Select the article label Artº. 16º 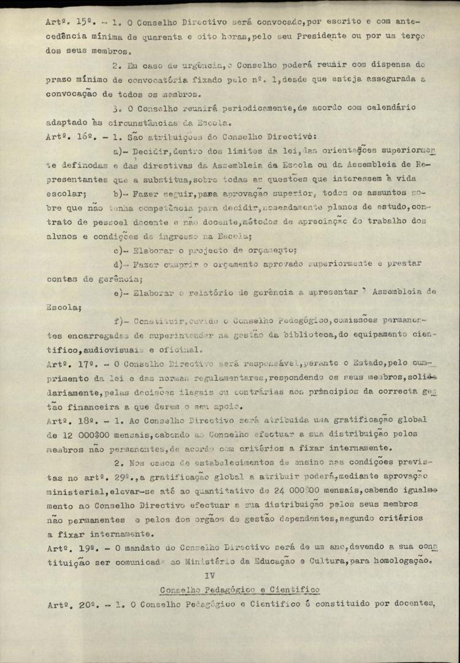click(67, 136)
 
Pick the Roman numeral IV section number click(210, 575)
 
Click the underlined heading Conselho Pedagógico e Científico click(239, 591)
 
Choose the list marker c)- click(120, 250)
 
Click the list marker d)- click(120, 265)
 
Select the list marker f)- click(120, 322)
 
